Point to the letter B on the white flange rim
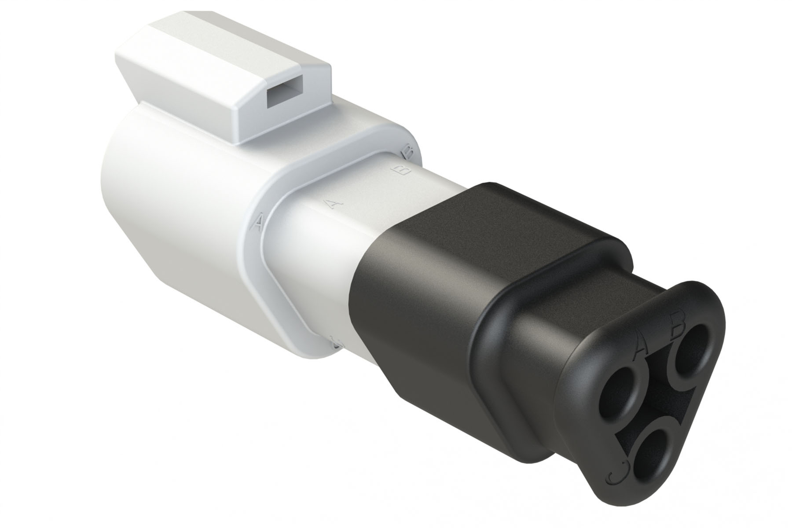[408, 153]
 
